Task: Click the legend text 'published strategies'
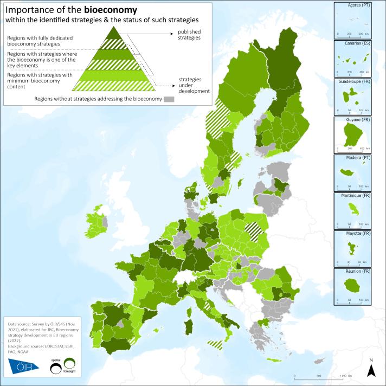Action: pos(186,35)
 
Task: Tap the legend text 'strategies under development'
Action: pos(194,85)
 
